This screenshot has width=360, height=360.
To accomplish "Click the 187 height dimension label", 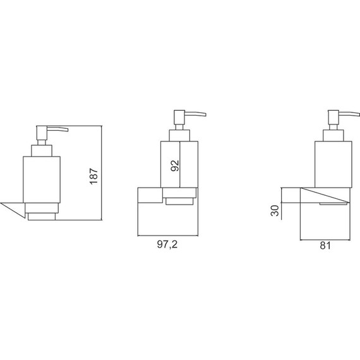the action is point(93,176).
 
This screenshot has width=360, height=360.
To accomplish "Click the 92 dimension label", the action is point(175,165).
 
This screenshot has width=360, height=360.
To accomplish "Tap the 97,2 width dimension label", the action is point(167,244).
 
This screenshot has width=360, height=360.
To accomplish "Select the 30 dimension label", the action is point(275,210).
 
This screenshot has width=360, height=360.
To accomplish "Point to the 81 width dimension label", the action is point(325,246).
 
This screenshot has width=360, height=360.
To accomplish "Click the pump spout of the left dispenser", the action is point(57,129).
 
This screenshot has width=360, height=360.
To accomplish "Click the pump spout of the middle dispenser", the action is point(195,114).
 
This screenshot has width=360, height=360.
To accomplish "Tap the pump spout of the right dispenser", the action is point(349,114).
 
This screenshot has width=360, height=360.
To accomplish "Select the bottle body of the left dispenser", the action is point(42,180).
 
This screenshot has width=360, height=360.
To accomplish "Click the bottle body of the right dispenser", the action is point(333,164).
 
